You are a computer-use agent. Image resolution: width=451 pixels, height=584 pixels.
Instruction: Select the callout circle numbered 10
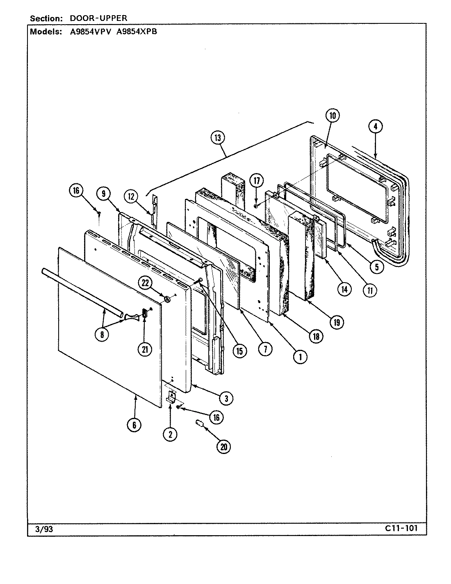(332, 116)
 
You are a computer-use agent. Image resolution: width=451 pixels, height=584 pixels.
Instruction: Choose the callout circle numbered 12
(132, 197)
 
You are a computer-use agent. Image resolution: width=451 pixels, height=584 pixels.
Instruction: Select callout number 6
(134, 425)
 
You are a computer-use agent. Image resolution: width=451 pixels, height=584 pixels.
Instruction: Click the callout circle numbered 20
(223, 447)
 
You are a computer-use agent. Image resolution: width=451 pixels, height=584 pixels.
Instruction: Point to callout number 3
(226, 397)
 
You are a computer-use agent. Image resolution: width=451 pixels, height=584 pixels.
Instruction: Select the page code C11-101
(401, 528)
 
